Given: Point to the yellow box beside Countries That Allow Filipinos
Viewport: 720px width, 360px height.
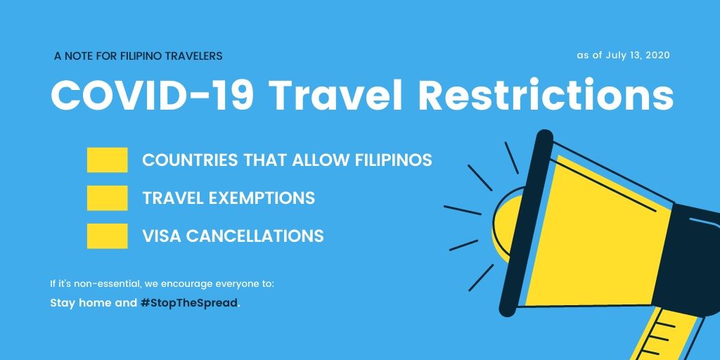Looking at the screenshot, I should pos(107,160).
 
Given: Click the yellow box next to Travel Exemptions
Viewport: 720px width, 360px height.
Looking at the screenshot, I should pos(107,198).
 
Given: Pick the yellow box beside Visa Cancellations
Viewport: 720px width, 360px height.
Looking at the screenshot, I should pos(107,236).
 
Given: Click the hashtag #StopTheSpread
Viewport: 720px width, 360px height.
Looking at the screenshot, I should pos(188,303).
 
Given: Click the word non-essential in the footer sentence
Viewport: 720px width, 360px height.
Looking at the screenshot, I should pos(103,284).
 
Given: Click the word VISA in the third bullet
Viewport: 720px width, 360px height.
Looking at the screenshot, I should pos(160,236).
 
